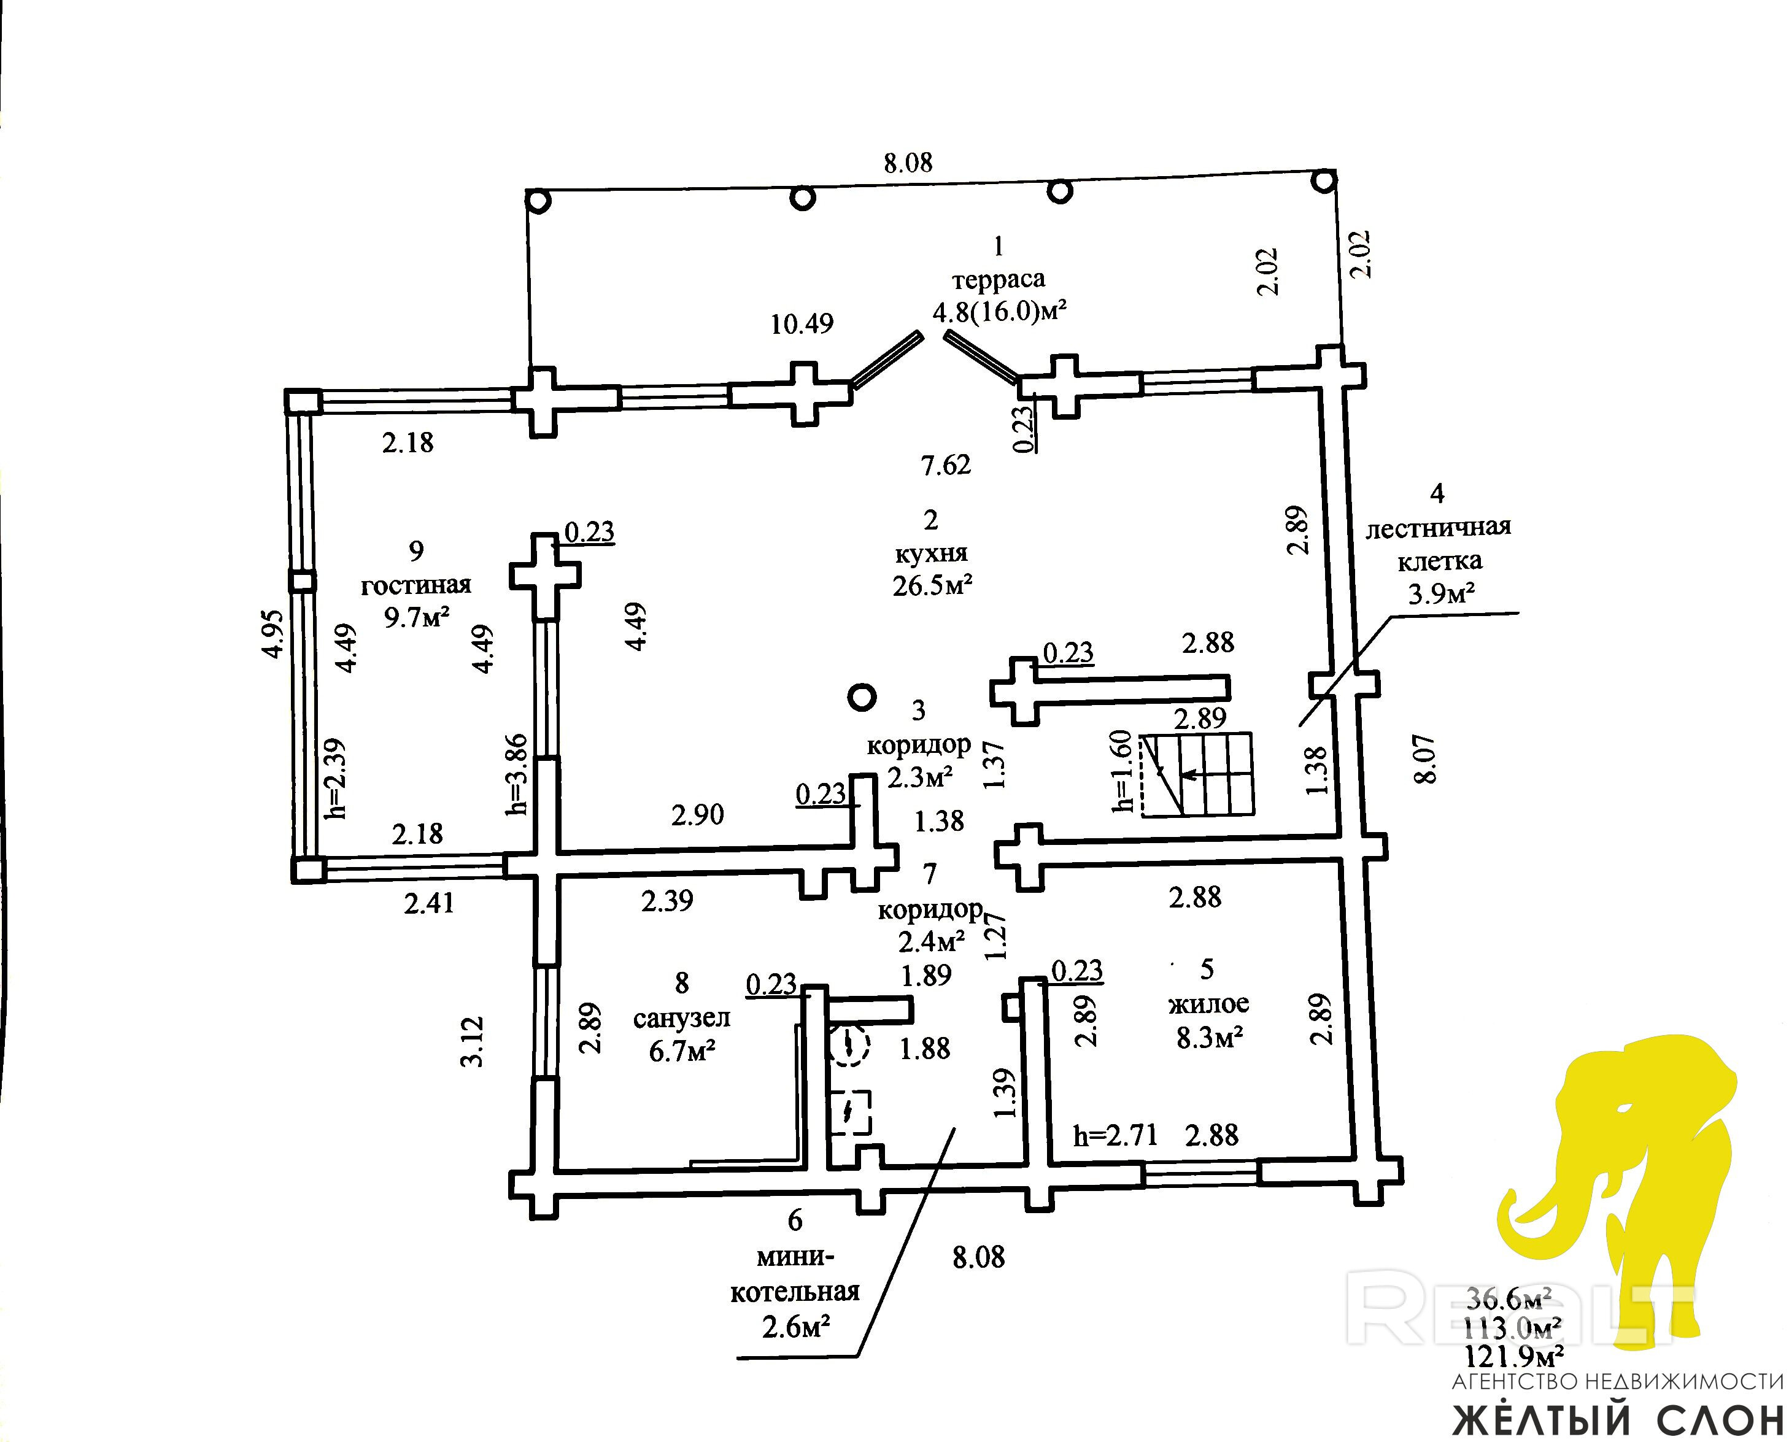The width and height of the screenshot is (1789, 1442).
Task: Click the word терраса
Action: coord(998,279)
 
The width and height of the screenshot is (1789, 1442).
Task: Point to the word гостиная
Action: coord(415,585)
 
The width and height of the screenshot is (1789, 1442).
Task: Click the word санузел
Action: coord(681,1019)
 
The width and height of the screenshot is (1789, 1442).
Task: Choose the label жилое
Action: coord(1208,1003)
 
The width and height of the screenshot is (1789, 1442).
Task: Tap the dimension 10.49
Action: coord(801,324)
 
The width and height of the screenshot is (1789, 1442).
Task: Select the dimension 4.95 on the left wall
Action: coord(273,634)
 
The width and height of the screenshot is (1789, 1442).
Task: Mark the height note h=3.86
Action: coord(517,773)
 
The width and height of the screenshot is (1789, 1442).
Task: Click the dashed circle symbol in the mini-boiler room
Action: coord(848,1046)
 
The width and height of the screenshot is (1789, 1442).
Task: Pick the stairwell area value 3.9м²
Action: coord(1440,594)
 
